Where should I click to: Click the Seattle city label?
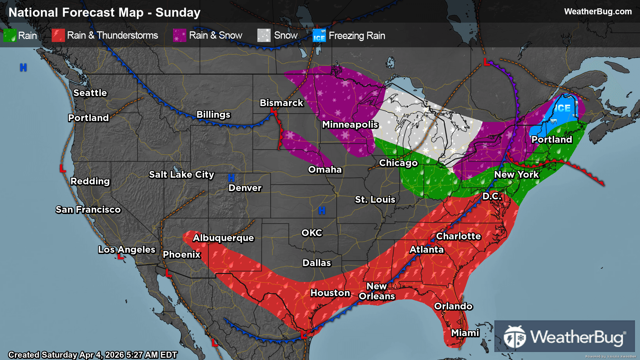[90, 93]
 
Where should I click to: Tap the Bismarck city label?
[281, 103]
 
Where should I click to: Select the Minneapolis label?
[350, 124]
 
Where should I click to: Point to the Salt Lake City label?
[181, 174]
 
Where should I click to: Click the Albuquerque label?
[223, 238]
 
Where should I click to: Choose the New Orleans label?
[377, 291]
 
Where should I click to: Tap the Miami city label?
[465, 333]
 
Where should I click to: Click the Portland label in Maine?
[552, 139]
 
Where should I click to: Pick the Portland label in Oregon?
[88, 118]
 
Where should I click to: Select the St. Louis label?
[375, 199]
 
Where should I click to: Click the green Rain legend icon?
[10, 35]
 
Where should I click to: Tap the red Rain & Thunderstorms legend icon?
[58, 35]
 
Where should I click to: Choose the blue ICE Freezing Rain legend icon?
[319, 35]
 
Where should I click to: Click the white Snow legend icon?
[264, 35]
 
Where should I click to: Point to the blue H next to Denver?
[231, 178]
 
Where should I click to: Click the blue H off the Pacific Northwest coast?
[23, 67]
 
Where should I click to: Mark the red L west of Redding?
[62, 168]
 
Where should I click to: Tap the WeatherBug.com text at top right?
[598, 11]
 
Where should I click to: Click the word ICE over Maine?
[562, 108]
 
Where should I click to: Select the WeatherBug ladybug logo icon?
[515, 337]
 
